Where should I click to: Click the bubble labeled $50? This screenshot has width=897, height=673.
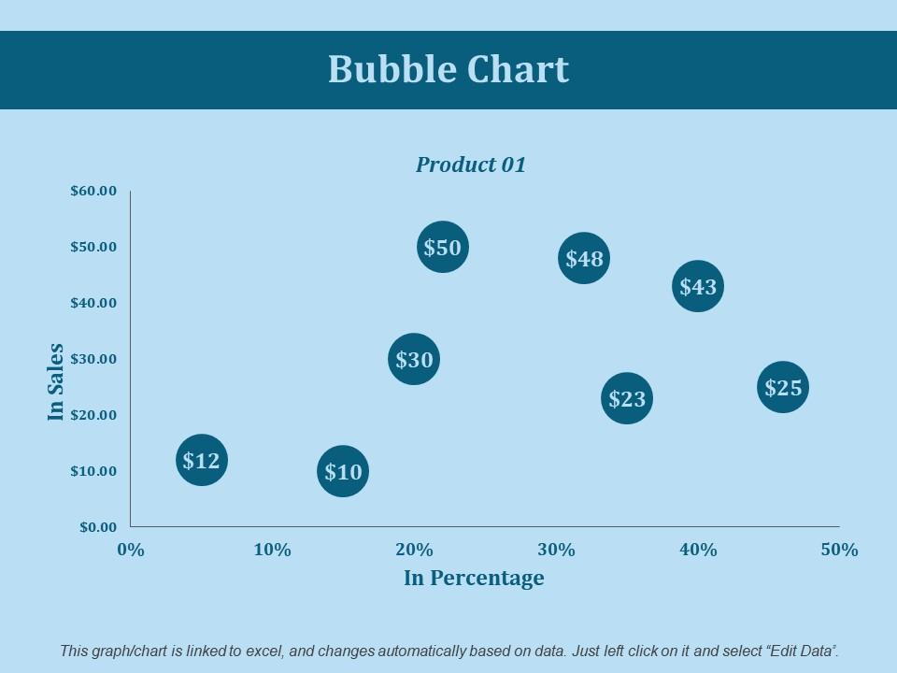pyautogui.click(x=442, y=248)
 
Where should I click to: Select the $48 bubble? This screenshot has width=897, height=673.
pyautogui.click(x=584, y=258)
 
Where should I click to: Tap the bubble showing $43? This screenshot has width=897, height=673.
pyautogui.click(x=698, y=286)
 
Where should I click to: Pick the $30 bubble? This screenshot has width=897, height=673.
pyautogui.click(x=414, y=360)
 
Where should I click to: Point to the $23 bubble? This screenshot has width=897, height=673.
pyautogui.click(x=627, y=399)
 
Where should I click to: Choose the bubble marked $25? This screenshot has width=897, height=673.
pyautogui.click(x=783, y=388)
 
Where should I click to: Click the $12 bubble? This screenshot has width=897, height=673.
pyautogui.click(x=201, y=460)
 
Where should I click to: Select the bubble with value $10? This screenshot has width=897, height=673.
pyautogui.click(x=343, y=471)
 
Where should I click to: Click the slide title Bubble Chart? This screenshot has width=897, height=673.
pyautogui.click(x=448, y=70)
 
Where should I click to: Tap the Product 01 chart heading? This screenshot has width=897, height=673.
pyautogui.click(x=471, y=165)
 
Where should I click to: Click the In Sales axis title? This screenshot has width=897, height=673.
pyautogui.click(x=57, y=381)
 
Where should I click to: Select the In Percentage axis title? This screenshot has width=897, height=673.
pyautogui.click(x=474, y=578)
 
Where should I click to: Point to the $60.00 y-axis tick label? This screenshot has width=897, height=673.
pyautogui.click(x=93, y=191)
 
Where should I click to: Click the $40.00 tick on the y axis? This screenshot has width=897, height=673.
pyautogui.click(x=93, y=303)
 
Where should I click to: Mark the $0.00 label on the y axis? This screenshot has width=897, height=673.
pyautogui.click(x=97, y=527)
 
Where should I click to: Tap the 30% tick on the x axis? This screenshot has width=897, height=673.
pyautogui.click(x=556, y=550)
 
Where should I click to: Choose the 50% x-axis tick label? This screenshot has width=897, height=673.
pyautogui.click(x=839, y=550)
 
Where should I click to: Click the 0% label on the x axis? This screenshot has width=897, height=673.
pyautogui.click(x=131, y=550)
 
